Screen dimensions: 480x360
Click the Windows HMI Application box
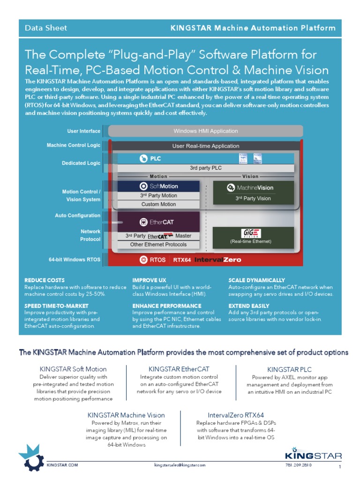click(x=206, y=131)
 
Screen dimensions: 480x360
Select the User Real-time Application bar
click(x=206, y=146)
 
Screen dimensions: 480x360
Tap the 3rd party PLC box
click(x=206, y=168)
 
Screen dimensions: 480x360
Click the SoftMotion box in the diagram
click(x=159, y=186)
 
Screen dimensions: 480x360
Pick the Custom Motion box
click(x=159, y=204)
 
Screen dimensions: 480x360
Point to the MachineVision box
click(x=253, y=187)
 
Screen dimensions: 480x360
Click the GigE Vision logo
click(x=251, y=233)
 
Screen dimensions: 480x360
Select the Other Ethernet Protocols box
click(x=158, y=244)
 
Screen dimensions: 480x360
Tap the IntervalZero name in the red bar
click(x=218, y=259)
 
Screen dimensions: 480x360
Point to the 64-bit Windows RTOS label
click(x=75, y=259)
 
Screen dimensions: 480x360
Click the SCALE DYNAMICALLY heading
click(x=256, y=280)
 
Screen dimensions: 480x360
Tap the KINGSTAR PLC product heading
click(x=289, y=369)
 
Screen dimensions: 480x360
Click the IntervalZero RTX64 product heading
click(x=236, y=415)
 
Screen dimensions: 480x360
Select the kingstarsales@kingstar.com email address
click(x=180, y=465)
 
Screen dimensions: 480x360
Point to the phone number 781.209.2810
click(x=298, y=465)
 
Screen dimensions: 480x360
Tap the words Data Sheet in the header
click(x=46, y=28)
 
